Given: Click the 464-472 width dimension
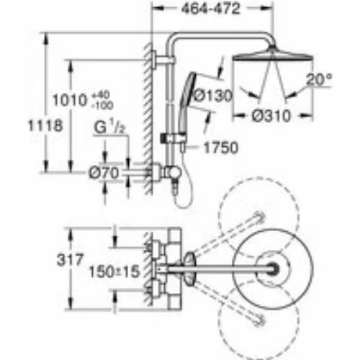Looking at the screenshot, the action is pos(210,9).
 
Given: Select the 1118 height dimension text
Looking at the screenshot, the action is pos(45,125).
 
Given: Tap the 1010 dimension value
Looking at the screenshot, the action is pos(70,100).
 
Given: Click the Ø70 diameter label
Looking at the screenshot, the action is pos(104,173).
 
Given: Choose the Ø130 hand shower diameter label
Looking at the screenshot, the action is pos(212,96).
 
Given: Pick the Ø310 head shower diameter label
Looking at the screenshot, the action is pos(271,116).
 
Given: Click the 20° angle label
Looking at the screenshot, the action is pos(319,79).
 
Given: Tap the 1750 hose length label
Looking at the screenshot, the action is pos(221,148).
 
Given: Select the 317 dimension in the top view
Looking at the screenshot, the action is pos(70,260).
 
